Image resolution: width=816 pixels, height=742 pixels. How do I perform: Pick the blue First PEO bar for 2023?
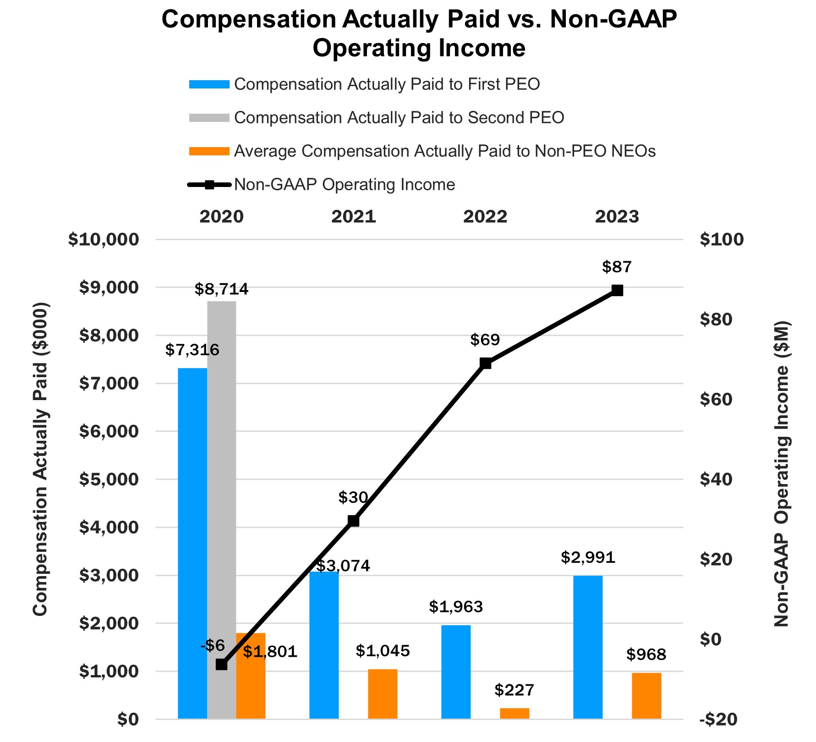(x=588, y=647)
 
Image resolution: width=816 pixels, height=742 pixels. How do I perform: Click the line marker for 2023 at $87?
(x=617, y=290)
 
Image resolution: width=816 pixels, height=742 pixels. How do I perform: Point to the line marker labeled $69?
(x=486, y=363)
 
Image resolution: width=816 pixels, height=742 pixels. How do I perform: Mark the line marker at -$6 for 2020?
(x=222, y=664)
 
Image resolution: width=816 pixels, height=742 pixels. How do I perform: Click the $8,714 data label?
(x=222, y=289)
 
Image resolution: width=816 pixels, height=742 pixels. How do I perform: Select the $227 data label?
(x=515, y=690)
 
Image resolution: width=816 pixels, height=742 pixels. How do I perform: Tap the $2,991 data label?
(x=588, y=557)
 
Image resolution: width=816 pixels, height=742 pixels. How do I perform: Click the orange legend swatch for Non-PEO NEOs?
(x=209, y=151)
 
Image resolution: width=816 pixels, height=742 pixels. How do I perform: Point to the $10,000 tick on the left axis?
(x=104, y=239)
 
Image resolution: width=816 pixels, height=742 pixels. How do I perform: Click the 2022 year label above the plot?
(x=485, y=216)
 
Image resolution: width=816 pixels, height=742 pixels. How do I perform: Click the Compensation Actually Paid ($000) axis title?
(x=40, y=458)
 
